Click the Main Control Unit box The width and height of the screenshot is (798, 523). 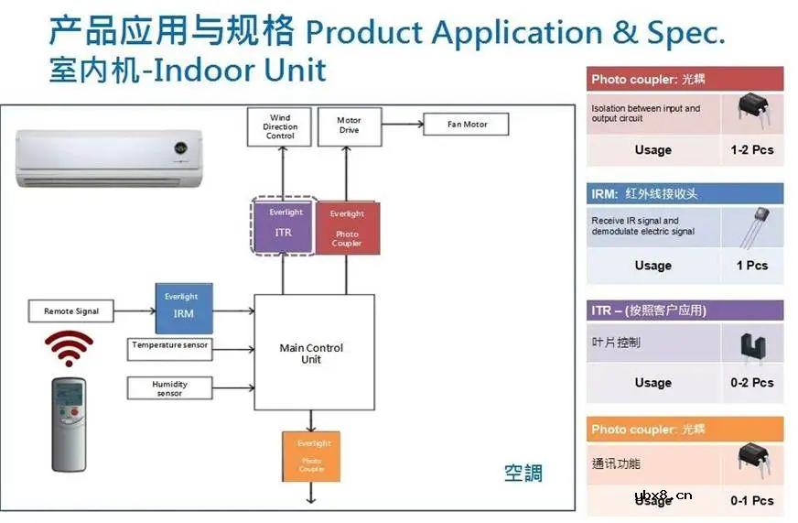(313, 353)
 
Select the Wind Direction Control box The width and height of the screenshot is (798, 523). (280, 126)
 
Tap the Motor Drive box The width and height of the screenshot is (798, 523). (349, 125)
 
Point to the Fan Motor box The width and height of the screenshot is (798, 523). (467, 125)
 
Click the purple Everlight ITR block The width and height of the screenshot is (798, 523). (284, 225)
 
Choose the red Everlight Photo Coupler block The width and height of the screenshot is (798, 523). (346, 228)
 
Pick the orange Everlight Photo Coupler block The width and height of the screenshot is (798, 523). (310, 456)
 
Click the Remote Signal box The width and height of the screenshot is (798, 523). (71, 311)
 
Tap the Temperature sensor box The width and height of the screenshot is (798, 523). (169, 346)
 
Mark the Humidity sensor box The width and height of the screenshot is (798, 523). (169, 388)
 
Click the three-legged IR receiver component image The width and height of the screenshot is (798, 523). (752, 229)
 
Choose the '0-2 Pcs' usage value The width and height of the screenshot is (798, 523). (751, 383)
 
